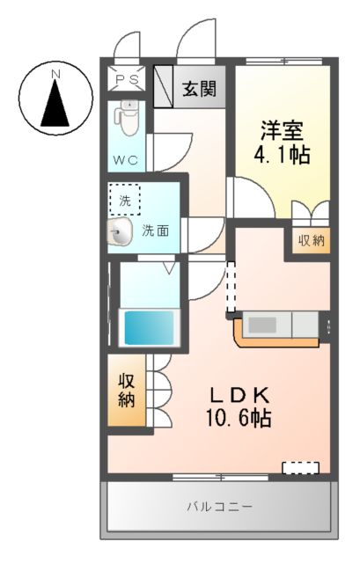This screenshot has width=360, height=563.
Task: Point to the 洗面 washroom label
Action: tap(157, 231)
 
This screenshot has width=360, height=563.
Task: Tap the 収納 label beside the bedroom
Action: tap(310, 240)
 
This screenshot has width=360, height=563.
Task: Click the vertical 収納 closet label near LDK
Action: tap(126, 390)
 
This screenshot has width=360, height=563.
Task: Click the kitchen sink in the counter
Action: tap(262, 325)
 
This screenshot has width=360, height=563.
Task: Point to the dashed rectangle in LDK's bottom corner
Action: tap(300, 466)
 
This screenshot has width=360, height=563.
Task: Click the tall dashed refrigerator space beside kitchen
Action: tap(231, 290)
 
